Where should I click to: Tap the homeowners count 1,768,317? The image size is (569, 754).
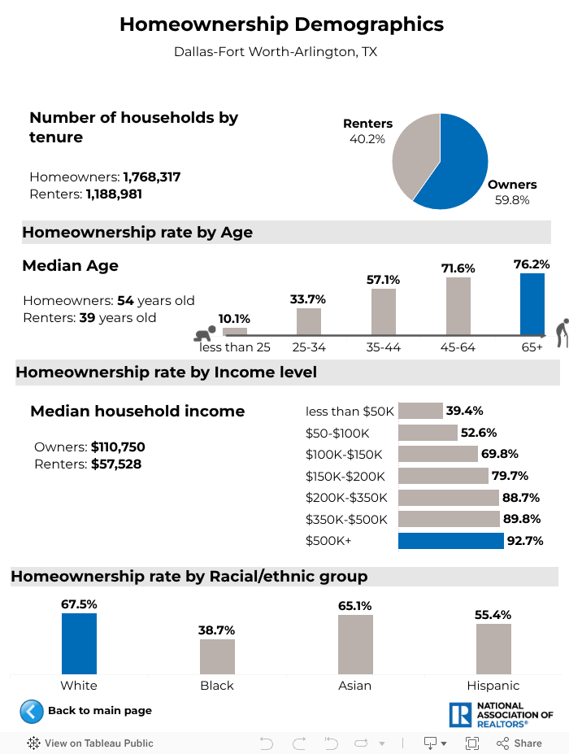(151, 177)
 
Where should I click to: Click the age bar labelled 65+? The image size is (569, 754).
(532, 304)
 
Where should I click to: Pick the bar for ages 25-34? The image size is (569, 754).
(309, 321)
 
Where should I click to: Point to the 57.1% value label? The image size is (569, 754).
(384, 280)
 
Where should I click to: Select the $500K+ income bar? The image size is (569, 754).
(450, 541)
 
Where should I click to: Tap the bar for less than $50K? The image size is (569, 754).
(420, 411)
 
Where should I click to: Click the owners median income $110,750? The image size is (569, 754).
(118, 447)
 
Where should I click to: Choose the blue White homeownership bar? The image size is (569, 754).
(79, 643)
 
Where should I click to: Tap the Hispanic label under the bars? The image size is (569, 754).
(493, 686)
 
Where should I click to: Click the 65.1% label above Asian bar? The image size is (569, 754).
(355, 606)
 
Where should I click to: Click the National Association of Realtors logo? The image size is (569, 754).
(501, 715)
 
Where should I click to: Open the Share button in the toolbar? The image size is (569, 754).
(519, 743)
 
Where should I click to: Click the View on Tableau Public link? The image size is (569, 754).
(90, 743)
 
